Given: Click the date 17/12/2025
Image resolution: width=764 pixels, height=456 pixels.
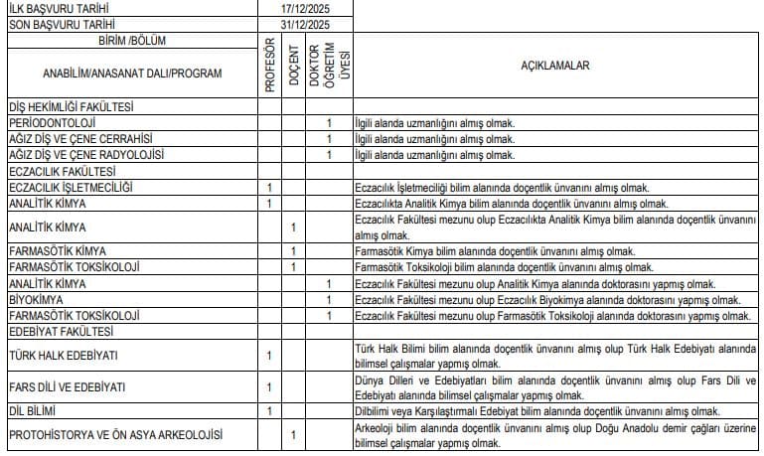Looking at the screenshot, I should tap(305, 8).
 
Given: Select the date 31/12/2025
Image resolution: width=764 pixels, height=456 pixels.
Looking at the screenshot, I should tap(305, 23).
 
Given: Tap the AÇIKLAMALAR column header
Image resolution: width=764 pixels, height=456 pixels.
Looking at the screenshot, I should tap(555, 67).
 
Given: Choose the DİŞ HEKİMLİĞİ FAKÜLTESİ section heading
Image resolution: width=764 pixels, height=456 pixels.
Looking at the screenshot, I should tap(71, 106).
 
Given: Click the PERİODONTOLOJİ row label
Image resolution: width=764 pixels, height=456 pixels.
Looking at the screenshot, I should tap(51, 122).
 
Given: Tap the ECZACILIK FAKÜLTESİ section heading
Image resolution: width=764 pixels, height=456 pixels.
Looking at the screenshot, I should tap(63, 171).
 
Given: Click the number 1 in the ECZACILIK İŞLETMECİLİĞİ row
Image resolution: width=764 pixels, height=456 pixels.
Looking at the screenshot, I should tap(269, 188).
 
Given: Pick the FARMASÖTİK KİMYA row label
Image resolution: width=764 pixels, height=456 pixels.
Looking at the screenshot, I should tap(57, 250).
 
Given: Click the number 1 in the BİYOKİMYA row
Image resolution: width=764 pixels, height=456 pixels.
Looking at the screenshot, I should tap(329, 299).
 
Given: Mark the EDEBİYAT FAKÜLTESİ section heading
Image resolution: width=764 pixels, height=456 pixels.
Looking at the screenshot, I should tap(61, 331).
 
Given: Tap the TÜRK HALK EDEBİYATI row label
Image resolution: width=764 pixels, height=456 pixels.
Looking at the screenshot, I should tap(63, 355).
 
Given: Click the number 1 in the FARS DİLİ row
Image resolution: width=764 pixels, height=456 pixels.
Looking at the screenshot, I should tap(269, 386).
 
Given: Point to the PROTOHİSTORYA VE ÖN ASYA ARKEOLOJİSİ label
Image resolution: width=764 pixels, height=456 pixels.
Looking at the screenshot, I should tap(115, 434).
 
